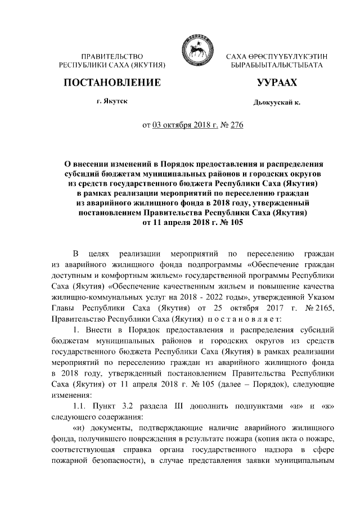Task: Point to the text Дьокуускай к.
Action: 277,104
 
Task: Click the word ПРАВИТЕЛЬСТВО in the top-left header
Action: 111,57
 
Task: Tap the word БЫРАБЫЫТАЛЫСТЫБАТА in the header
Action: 277,66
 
